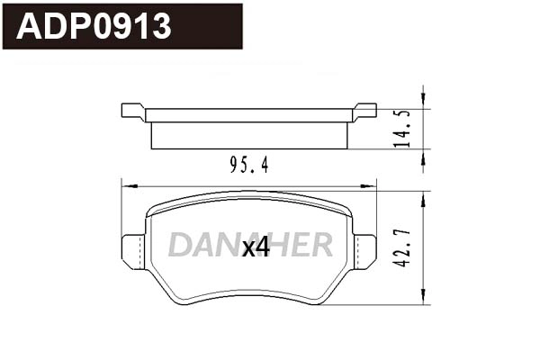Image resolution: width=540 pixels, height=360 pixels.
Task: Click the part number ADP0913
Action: [94, 27]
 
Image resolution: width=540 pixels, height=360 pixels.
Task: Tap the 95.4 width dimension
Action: [249, 165]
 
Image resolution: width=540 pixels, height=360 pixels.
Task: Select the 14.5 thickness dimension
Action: [404, 129]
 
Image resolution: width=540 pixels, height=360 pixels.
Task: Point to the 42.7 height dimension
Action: [404, 246]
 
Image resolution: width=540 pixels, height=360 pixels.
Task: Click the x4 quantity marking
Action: [256, 247]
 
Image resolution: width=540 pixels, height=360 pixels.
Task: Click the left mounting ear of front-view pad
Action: [133, 250]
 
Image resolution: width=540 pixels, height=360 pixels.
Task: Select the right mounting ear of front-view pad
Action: [364, 250]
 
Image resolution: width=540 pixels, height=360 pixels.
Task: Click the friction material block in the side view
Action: [249, 135]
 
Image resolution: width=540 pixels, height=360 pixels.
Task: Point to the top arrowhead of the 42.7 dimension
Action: [423, 196]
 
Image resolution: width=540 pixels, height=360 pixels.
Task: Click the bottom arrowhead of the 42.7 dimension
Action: [423, 299]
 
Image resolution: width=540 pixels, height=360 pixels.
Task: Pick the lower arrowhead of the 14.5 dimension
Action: [423, 157]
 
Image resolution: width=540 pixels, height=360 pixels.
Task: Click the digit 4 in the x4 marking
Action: [263, 247]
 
